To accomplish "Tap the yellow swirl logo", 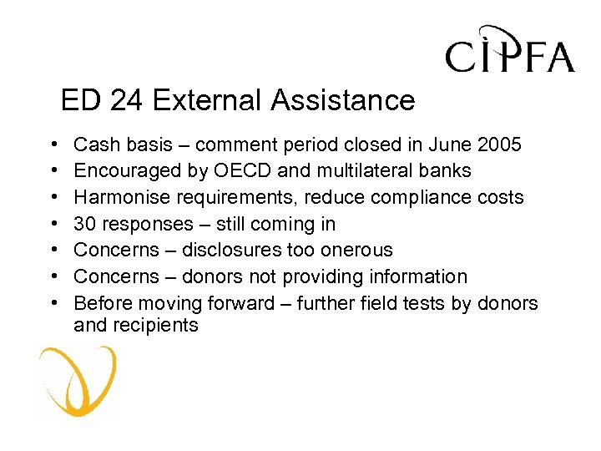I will (78, 380).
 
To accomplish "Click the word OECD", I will (237, 171).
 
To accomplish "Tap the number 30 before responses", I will (84, 224).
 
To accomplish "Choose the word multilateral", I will (361, 171).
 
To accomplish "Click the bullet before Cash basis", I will (53, 145).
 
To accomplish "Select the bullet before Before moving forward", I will (53, 303).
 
